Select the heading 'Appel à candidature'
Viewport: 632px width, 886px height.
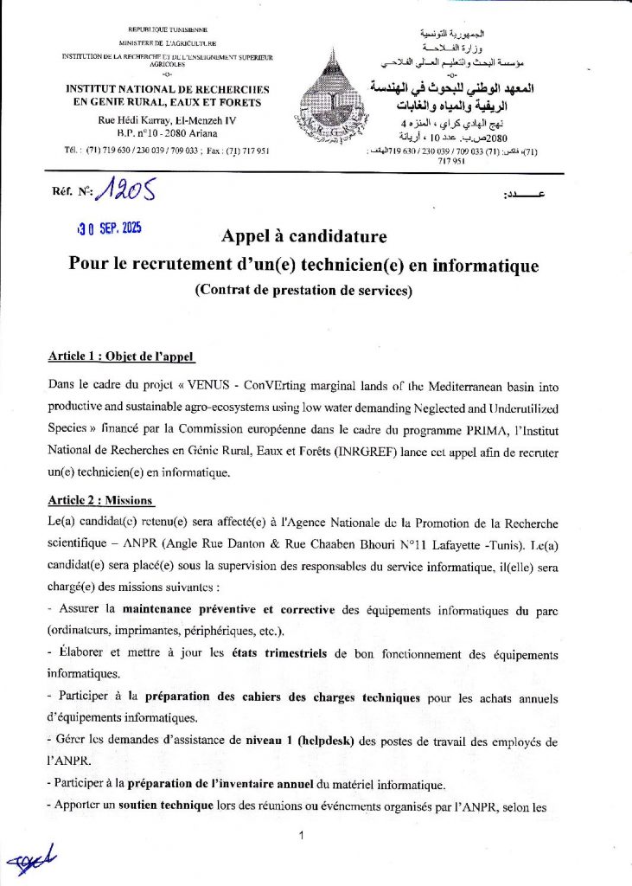click(303, 236)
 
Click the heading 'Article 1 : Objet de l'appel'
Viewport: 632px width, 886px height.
click(121, 356)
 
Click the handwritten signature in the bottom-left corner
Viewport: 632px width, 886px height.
click(30, 857)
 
